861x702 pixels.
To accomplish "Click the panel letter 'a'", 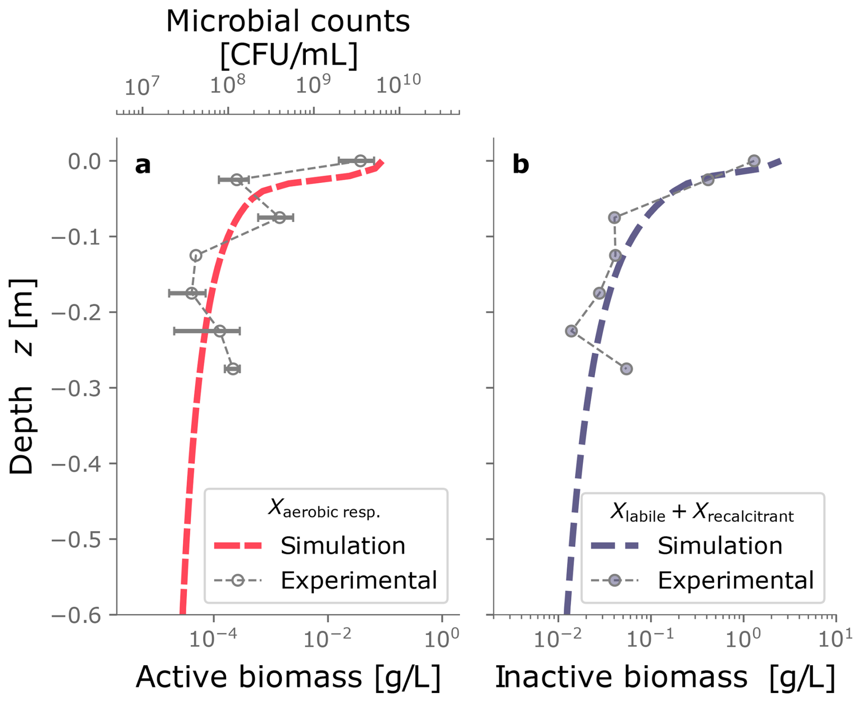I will pyautogui.click(x=143, y=165).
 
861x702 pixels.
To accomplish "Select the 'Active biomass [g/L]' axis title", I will pyautogui.click(x=288, y=677).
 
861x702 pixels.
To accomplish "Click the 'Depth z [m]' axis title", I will pyautogui.click(x=22, y=376).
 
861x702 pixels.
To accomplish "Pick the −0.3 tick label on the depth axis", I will pyautogui.click(x=76, y=388).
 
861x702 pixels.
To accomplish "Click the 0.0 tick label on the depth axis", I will pyautogui.click(x=85, y=161).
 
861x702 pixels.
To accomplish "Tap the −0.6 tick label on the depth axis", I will pyautogui.click(x=76, y=615).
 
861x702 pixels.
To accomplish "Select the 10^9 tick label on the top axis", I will pyautogui.click(x=313, y=85).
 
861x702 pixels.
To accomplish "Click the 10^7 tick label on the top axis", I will pyautogui.click(x=142, y=86).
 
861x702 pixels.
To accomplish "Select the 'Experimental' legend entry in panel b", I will pyautogui.click(x=735, y=580).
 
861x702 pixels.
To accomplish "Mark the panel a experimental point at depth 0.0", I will pyautogui.click(x=360, y=161).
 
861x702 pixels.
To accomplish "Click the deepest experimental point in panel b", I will pyautogui.click(x=626, y=368).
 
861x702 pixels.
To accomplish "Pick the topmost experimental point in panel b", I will pyautogui.click(x=754, y=161).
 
